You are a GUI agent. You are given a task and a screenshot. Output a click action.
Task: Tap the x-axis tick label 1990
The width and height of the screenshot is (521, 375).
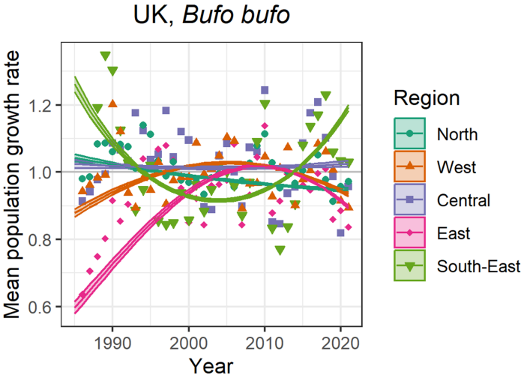(112, 342)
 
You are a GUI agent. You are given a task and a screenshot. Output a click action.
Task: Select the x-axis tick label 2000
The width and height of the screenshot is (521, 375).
(189, 342)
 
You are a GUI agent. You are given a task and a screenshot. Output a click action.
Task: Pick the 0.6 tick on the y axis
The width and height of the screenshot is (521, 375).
(42, 307)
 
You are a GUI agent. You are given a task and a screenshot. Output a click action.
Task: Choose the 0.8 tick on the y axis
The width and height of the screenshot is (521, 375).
(42, 239)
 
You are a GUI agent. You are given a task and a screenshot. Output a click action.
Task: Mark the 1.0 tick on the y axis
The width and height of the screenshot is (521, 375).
(42, 172)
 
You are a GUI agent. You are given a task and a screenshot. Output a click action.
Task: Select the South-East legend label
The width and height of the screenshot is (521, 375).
(475, 265)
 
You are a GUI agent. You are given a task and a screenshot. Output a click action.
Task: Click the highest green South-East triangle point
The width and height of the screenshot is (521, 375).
(106, 56)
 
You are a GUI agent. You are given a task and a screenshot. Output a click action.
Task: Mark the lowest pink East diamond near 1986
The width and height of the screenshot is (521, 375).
(82, 295)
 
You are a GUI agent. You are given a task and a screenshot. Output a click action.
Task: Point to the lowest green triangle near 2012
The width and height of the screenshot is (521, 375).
(280, 250)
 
